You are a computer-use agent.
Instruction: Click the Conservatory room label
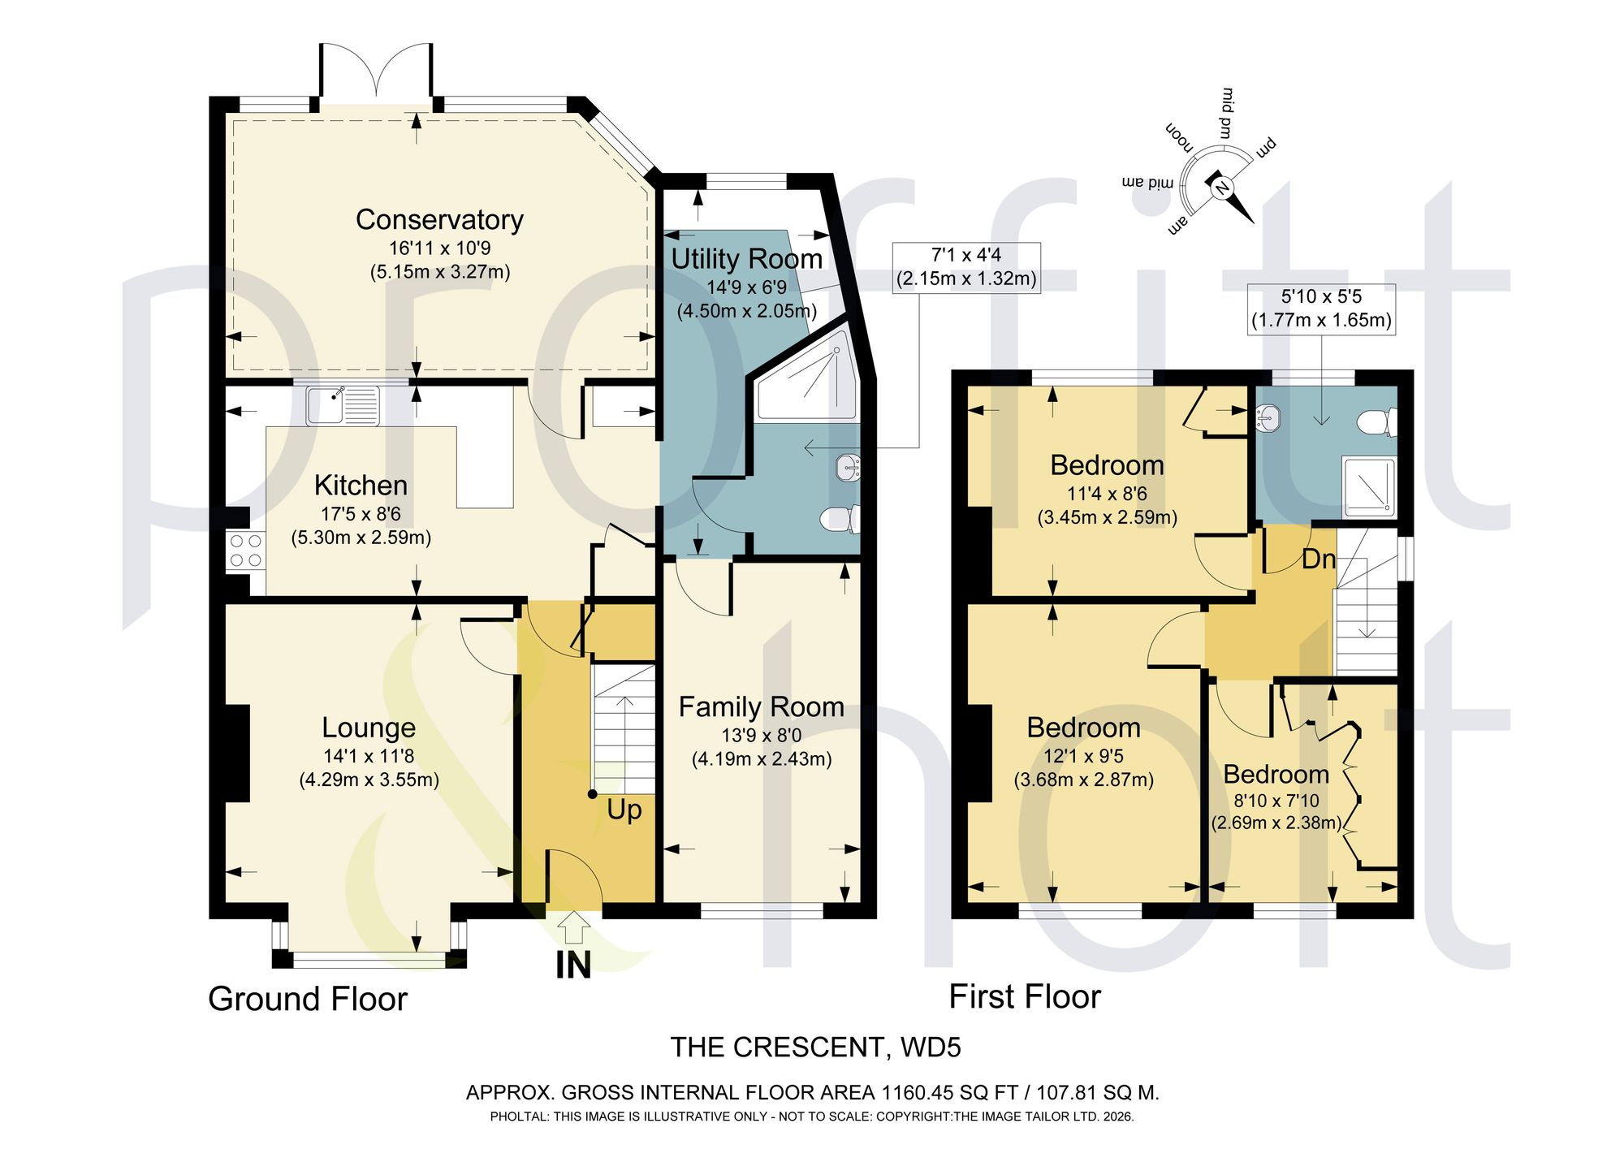tap(439, 220)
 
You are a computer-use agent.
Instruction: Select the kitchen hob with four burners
tap(245, 550)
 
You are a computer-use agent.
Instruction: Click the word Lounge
tap(369, 728)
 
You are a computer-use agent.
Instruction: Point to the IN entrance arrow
tap(574, 926)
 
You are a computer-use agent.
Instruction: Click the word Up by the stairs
tap(624, 810)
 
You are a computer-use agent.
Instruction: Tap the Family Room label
tap(762, 707)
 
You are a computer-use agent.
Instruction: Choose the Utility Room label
tap(747, 259)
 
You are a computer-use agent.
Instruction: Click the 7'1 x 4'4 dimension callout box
tap(966, 267)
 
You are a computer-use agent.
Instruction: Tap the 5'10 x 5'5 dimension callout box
tap(1322, 309)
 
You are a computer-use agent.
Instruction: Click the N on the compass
tap(1220, 188)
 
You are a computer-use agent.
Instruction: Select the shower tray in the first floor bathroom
tap(1368, 487)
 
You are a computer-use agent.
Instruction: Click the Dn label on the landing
tap(1319, 559)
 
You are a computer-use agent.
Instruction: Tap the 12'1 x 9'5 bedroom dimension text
tap(1084, 756)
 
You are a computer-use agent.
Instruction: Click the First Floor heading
tap(1025, 996)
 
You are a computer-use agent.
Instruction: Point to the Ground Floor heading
tap(308, 999)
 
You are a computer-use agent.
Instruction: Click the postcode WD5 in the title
tap(931, 1047)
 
